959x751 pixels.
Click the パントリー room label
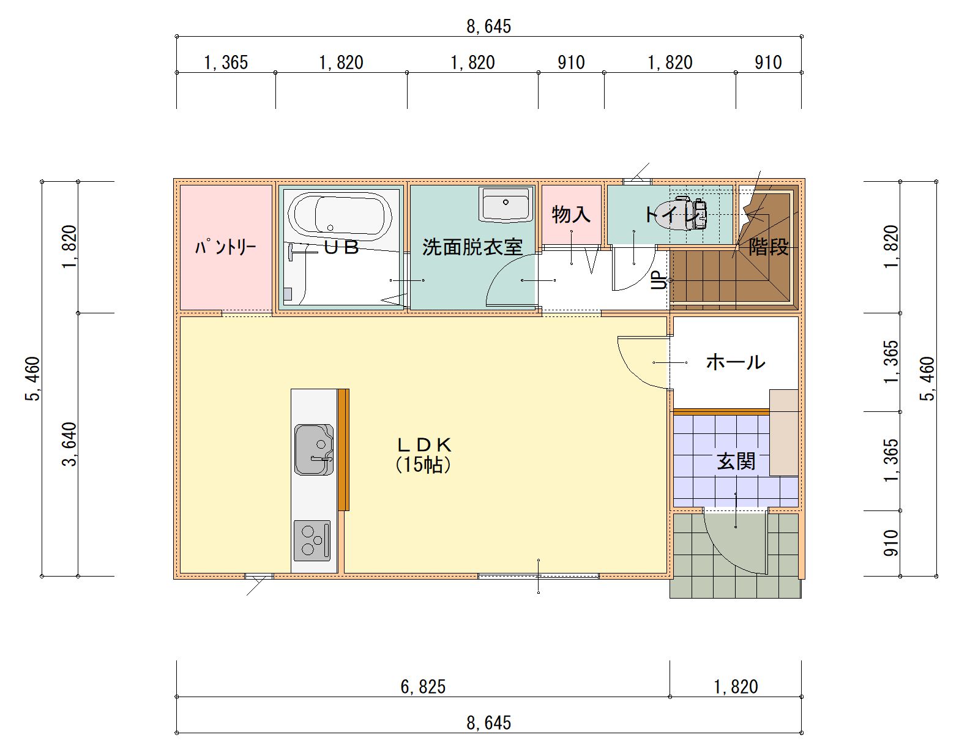point(225,247)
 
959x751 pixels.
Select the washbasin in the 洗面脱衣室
point(505,204)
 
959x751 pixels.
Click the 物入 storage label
point(571,214)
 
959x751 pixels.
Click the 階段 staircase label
point(769,247)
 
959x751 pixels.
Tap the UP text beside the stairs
point(659,280)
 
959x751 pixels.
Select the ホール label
point(735,362)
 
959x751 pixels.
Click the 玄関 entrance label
point(736,461)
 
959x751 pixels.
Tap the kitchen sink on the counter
point(313,450)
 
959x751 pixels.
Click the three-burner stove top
point(312,540)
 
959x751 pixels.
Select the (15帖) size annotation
point(424,465)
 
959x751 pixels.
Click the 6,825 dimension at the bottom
point(423,687)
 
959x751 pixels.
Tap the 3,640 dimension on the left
point(70,444)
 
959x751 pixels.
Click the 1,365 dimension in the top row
point(226,62)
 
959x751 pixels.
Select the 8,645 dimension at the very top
point(488,26)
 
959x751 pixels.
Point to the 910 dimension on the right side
point(892,543)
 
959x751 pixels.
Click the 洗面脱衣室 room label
point(472,247)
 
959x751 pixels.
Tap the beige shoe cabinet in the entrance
point(783,432)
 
